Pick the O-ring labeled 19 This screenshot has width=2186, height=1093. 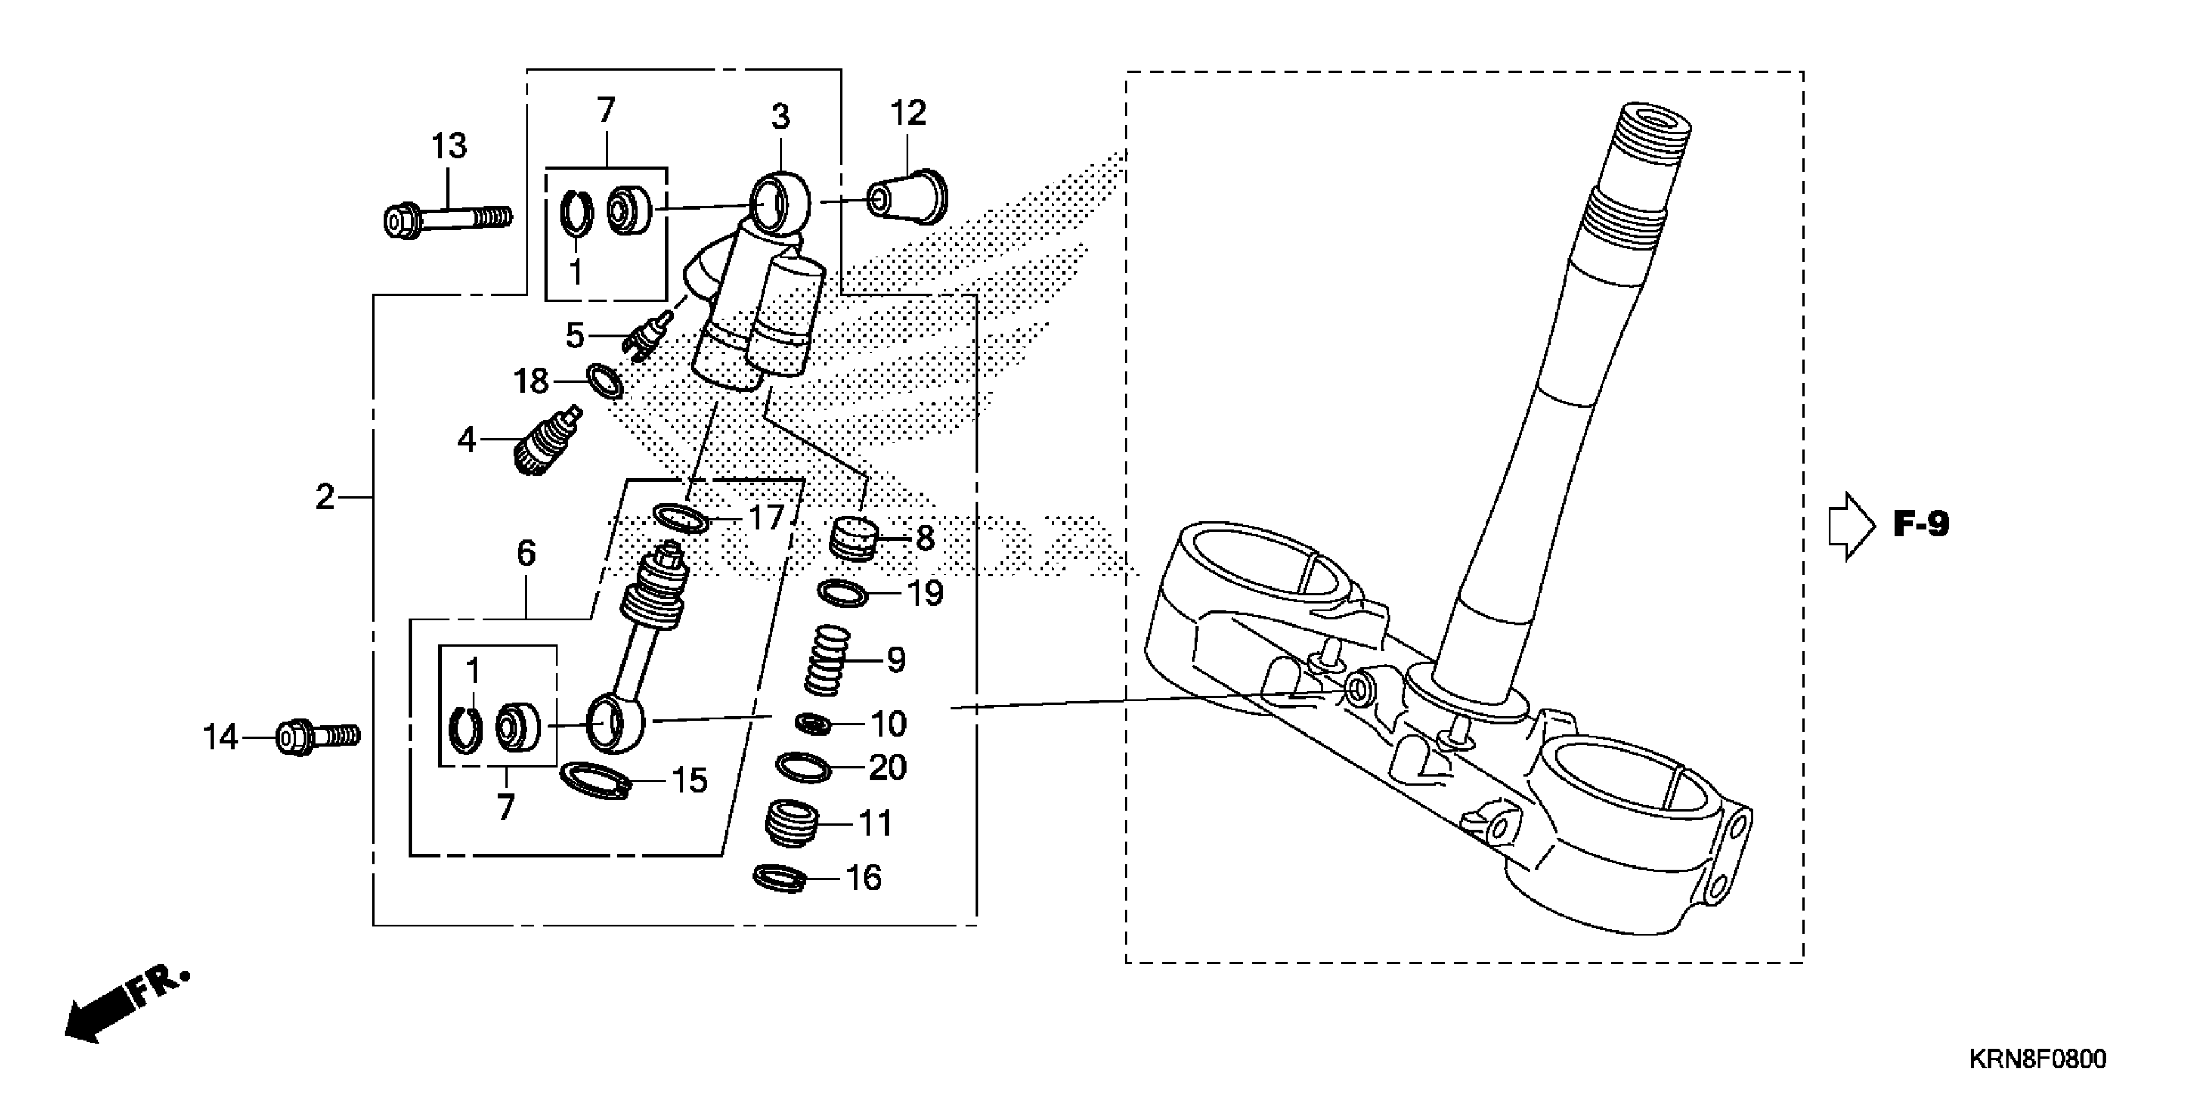click(x=842, y=593)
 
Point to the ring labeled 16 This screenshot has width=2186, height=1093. click(x=780, y=878)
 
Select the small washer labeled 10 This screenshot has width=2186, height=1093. click(x=813, y=724)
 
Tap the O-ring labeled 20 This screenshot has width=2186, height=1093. click(x=803, y=768)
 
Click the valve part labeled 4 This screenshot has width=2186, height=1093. click(x=546, y=440)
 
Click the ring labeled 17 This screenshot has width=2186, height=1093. click(x=680, y=517)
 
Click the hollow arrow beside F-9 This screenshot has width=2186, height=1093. click(x=1850, y=525)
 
